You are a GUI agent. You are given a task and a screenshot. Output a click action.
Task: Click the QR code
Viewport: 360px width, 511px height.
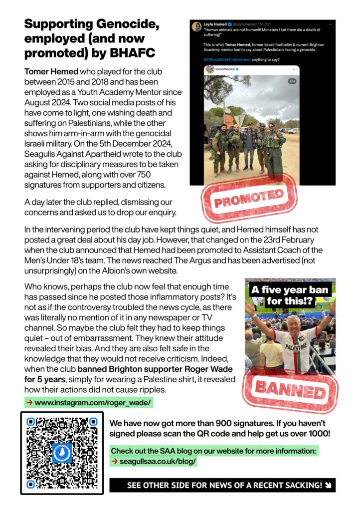tap(62, 453)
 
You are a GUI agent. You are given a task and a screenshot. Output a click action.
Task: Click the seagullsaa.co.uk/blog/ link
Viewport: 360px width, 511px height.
tap(158, 462)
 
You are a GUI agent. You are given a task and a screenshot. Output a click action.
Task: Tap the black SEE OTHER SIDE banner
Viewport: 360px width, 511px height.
tap(222, 485)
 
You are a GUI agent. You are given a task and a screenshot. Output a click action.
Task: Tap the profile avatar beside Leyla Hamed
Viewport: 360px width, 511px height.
tap(196, 26)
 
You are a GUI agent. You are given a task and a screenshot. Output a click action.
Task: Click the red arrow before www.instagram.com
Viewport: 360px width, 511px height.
tap(29, 402)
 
